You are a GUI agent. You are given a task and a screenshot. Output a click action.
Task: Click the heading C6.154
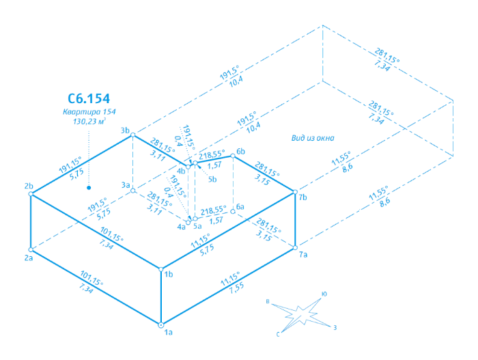[x=89, y=98]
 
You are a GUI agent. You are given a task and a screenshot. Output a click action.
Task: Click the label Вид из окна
[x=312, y=139]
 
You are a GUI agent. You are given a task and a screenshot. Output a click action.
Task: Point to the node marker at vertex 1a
[x=161, y=324]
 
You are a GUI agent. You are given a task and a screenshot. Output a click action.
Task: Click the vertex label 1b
[x=168, y=275]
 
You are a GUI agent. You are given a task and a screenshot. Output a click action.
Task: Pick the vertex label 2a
[x=29, y=258]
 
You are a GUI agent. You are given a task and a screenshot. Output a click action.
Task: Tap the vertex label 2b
[x=28, y=186]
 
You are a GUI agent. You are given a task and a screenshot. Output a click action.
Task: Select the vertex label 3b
[x=125, y=130]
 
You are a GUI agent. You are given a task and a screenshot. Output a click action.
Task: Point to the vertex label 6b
[x=240, y=151]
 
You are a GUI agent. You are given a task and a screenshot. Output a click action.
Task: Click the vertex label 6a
[x=240, y=206]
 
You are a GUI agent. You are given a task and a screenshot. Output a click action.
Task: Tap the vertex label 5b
[x=212, y=180]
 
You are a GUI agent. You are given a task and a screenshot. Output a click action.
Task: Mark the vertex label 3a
[x=125, y=185]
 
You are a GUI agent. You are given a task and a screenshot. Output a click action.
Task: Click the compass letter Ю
[x=324, y=294]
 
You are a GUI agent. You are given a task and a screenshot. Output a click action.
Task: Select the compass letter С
[x=278, y=334]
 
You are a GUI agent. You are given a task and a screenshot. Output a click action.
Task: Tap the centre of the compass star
[x=300, y=315]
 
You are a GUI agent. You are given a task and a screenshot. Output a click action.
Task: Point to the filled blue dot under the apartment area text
[x=89, y=186]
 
